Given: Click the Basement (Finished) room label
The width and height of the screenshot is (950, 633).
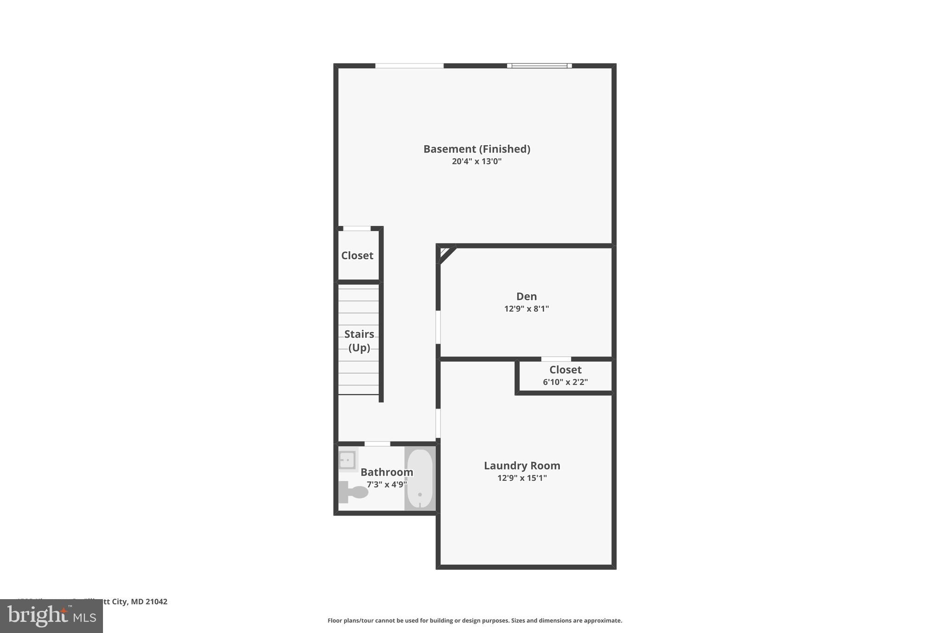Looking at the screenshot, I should tap(476, 149).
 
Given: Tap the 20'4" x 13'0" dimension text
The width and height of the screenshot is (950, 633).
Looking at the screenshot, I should tap(476, 161).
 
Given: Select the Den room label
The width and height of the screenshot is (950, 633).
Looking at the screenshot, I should tap(526, 296).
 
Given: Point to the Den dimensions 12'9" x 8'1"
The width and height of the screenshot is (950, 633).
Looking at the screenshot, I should tap(526, 309).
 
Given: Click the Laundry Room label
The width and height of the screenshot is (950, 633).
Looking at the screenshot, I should tap(522, 466).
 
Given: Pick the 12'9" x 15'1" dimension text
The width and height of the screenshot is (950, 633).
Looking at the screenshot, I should tap(522, 478).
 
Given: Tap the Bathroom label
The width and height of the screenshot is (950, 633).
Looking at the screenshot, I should tap(386, 472).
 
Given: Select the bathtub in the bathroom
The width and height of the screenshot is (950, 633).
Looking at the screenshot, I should tap(420, 479).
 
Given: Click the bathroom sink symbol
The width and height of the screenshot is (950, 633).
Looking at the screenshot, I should tap(347, 460).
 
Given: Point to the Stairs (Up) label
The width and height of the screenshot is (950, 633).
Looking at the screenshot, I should tap(359, 340).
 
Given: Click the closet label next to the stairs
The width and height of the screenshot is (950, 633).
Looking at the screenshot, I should tap(357, 256).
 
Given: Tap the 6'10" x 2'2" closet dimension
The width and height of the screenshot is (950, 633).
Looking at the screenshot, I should tap(565, 382).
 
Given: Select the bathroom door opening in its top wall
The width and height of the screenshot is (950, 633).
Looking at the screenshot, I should tap(377, 444).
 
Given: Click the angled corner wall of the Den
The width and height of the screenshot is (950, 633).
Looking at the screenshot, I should tap(447, 255).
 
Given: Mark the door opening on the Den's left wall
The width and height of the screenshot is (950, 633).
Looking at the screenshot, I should tap(438, 327).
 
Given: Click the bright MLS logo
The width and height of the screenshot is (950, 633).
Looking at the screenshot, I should tap(51, 616).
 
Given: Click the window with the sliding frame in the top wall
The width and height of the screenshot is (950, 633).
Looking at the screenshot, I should tap(539, 66).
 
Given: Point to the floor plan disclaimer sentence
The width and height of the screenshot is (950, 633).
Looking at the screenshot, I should tap(475, 620).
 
